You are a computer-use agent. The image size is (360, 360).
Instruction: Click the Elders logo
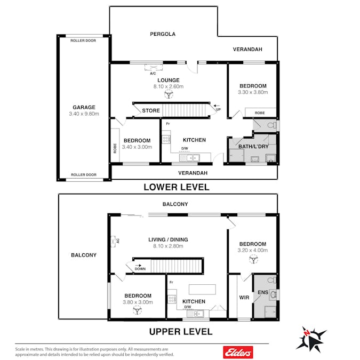point(238,352)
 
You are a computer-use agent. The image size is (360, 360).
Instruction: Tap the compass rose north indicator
point(306,333)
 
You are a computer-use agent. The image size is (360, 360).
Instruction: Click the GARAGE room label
point(84,107)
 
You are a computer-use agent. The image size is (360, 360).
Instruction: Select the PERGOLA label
point(163,34)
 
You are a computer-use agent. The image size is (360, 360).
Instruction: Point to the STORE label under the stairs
point(151,110)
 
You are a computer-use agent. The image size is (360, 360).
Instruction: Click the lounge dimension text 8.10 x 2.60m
point(169,86)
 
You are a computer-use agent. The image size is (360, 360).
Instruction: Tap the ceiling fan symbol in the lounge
point(169,94)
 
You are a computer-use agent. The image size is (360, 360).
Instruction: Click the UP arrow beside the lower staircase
point(217,106)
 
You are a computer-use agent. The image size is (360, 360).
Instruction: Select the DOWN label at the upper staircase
point(140,269)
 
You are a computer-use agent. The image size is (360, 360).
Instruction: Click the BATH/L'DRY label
point(253,147)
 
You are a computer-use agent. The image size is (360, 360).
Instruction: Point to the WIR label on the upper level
point(244,298)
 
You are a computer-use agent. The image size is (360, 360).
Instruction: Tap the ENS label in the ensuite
point(263,292)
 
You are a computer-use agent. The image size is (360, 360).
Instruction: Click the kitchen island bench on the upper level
point(202,289)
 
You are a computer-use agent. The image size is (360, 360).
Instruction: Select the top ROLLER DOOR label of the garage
point(83,41)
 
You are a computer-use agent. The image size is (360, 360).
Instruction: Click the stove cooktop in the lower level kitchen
point(166,139)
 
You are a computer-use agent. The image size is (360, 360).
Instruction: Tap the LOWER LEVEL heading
point(177,187)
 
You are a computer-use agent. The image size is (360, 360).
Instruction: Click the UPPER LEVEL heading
point(181,332)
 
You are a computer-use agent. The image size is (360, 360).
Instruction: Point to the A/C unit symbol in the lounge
point(154,67)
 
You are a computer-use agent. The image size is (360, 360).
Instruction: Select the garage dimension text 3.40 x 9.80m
point(84,114)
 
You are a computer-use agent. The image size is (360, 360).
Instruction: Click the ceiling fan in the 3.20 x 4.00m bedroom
point(253,259)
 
